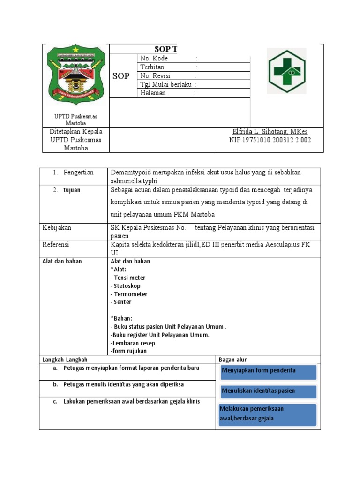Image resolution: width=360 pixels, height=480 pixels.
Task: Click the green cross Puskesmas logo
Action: pyautogui.click(x=286, y=71)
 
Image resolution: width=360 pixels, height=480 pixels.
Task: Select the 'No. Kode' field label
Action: pyautogui.click(x=154, y=59)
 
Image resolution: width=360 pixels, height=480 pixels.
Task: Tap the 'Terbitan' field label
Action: pyautogui.click(x=152, y=67)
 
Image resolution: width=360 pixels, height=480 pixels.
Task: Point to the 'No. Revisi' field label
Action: pyautogui.click(x=155, y=76)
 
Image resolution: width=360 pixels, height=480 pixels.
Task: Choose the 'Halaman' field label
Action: pyautogui.click(x=153, y=93)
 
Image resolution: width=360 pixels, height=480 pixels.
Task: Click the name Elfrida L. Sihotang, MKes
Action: pyautogui.click(x=270, y=131)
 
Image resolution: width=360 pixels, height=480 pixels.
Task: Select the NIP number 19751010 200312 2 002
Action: pyautogui.click(x=270, y=140)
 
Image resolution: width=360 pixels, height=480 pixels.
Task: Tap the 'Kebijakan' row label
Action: pyautogui.click(x=57, y=227)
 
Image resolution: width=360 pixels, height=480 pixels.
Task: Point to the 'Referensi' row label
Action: pyautogui.click(x=56, y=244)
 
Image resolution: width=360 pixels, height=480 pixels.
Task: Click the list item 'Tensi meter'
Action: pyautogui.click(x=129, y=277)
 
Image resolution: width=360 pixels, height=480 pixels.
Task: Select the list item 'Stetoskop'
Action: pyautogui.click(x=127, y=286)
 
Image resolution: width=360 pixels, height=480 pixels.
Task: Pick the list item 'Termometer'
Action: pyautogui.click(x=130, y=294)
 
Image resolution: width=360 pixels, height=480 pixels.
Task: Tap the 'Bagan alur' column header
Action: pyautogui.click(x=233, y=360)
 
